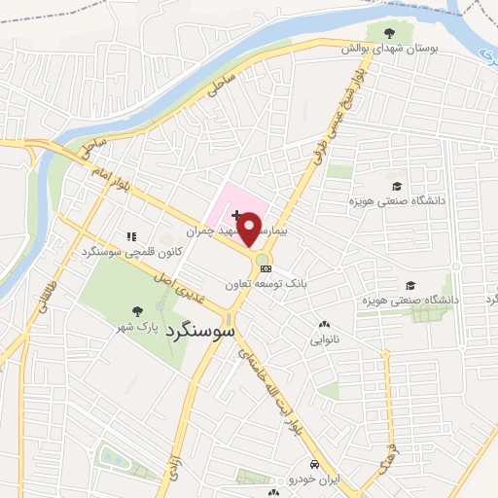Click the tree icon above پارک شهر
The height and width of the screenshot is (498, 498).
tap(136, 311)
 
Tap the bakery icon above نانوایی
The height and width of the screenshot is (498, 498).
tap(324, 325)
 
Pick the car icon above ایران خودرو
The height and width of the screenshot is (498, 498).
tap(315, 463)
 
